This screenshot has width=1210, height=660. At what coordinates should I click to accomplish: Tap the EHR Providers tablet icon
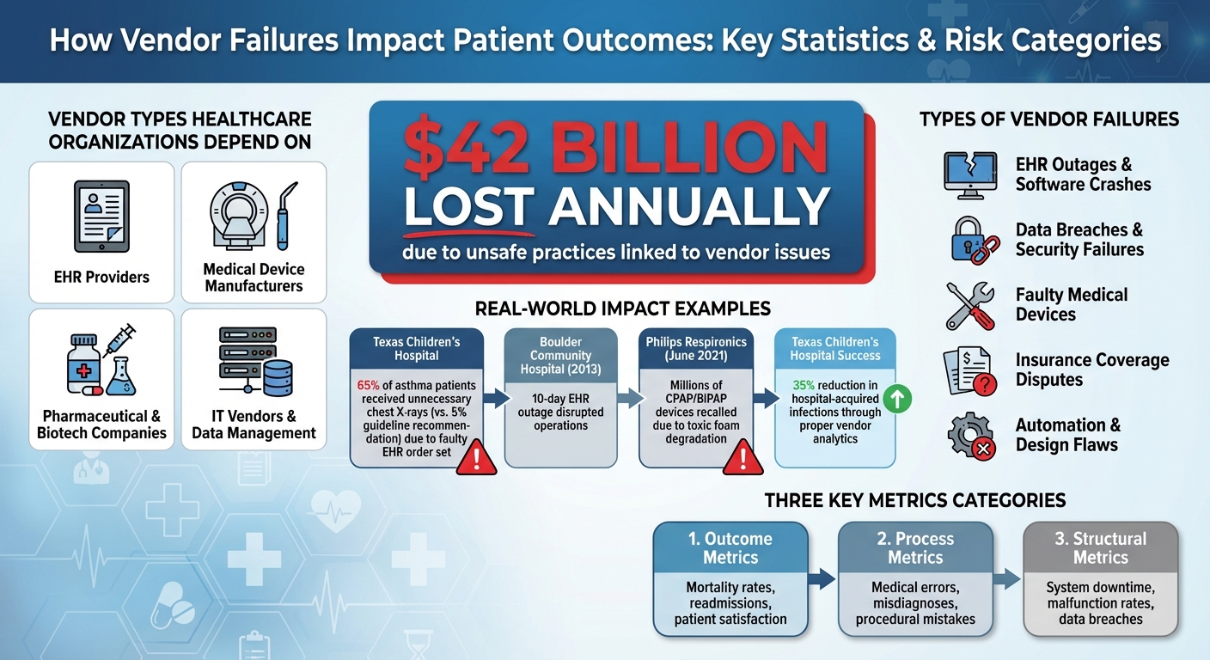click(101, 217)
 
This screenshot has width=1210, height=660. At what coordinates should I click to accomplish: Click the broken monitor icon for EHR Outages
click(969, 174)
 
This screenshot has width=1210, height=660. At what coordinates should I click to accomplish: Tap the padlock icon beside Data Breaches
click(971, 240)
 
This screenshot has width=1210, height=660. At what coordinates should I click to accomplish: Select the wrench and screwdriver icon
click(970, 304)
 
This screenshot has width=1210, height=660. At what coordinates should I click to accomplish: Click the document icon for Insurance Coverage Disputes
click(969, 370)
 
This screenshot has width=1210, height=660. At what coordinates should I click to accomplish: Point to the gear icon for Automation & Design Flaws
click(970, 436)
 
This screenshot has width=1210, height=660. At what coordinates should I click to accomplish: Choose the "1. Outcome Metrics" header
click(730, 548)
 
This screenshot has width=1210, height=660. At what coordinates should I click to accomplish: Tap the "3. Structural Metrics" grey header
click(1100, 548)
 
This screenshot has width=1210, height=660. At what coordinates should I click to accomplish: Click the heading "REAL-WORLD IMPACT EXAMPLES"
click(622, 309)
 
